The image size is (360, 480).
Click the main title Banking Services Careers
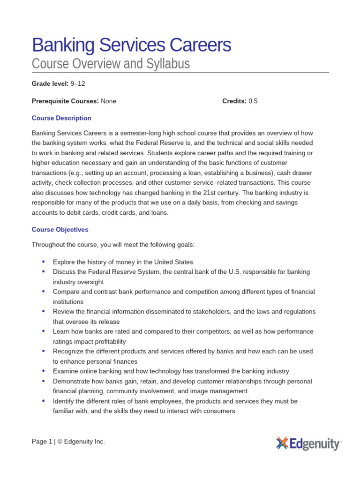click(x=131, y=45)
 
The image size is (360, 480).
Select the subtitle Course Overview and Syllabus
click(x=111, y=63)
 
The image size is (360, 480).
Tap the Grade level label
click(x=50, y=84)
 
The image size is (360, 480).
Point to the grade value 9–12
click(x=78, y=84)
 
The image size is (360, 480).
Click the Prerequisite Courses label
click(x=65, y=101)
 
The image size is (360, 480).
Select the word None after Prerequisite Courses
click(x=108, y=101)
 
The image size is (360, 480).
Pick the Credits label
click(x=234, y=101)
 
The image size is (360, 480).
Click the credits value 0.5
click(x=253, y=101)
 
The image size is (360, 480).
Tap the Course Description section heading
click(x=61, y=118)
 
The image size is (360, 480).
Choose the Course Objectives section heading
click(x=60, y=230)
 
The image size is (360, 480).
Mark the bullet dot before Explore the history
click(x=44, y=262)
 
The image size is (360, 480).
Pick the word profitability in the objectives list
click(x=106, y=342)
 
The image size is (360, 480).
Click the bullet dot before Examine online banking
click(x=44, y=371)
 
